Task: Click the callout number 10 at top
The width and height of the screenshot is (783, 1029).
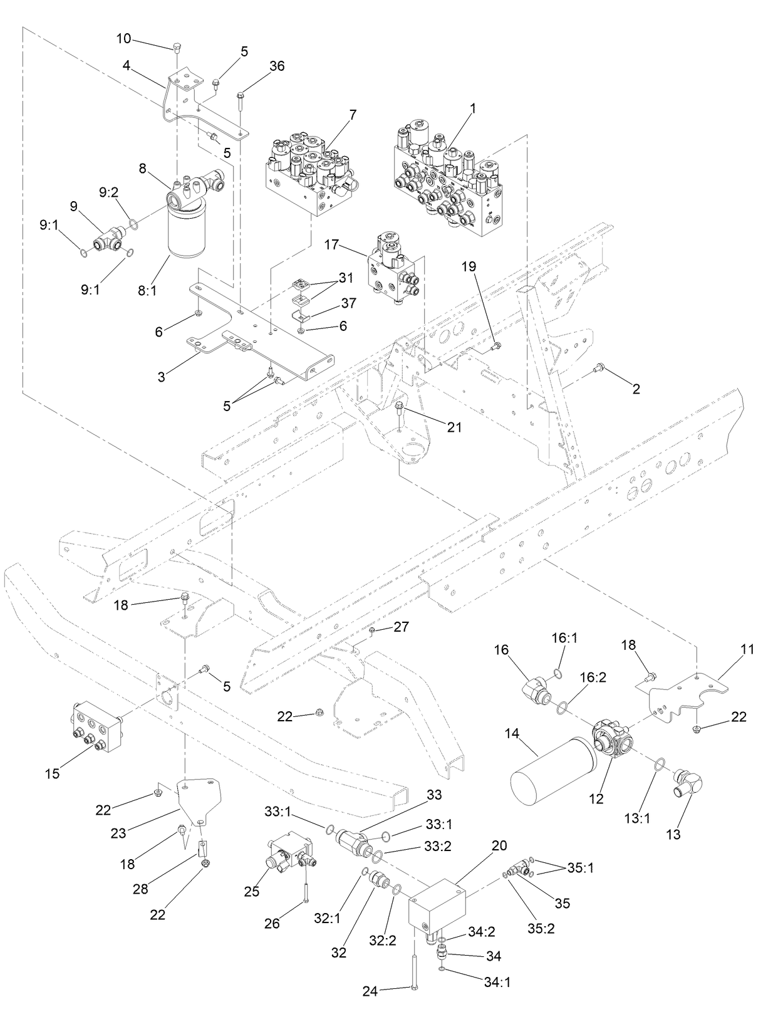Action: click(123, 39)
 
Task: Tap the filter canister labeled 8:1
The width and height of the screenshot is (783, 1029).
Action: click(186, 229)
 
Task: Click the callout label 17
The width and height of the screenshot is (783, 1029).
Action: click(332, 245)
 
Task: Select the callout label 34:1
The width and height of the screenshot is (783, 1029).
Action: click(497, 982)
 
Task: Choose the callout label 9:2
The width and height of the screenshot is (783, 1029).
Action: click(109, 193)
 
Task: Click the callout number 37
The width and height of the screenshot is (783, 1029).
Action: click(349, 303)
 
